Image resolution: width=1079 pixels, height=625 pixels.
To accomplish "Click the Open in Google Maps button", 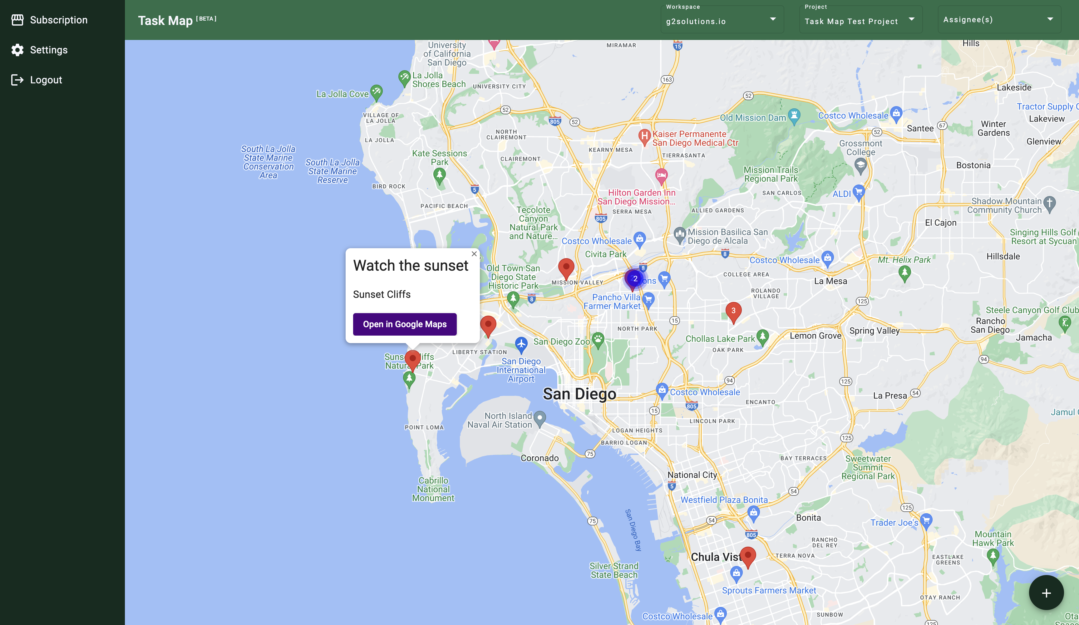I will pyautogui.click(x=405, y=324).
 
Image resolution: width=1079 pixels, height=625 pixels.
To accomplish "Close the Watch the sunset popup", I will pyautogui.click(x=474, y=254).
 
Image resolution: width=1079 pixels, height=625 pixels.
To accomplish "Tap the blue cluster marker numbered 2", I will pyautogui.click(x=635, y=279).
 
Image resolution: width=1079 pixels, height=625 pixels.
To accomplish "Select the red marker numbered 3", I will pyautogui.click(x=733, y=311).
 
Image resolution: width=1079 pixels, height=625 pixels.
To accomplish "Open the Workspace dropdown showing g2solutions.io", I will pyautogui.click(x=722, y=20).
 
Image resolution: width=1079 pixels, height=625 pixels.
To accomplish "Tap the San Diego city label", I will pyautogui.click(x=579, y=394).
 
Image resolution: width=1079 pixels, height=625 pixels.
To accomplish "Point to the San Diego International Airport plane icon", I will pyautogui.click(x=521, y=343).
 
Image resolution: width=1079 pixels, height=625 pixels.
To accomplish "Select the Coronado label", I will pyautogui.click(x=539, y=458).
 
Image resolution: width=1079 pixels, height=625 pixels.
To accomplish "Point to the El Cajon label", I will pyautogui.click(x=940, y=223).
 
